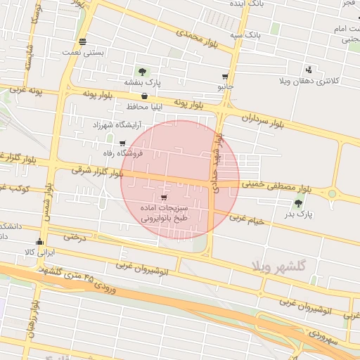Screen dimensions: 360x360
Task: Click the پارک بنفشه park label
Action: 143,83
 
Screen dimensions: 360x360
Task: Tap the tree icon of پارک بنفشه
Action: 143,72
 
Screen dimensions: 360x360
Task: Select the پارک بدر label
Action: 300,214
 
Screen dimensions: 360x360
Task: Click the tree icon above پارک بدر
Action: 299,203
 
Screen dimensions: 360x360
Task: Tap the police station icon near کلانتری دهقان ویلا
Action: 309,70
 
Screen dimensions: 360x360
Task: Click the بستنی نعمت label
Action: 83,52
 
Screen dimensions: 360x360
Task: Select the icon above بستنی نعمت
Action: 83,41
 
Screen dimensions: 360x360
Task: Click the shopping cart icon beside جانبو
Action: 225,77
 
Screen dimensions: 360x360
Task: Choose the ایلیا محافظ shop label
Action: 145,107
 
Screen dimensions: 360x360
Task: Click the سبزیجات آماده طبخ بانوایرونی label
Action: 165,214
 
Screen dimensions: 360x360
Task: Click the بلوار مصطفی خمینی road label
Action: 276,186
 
